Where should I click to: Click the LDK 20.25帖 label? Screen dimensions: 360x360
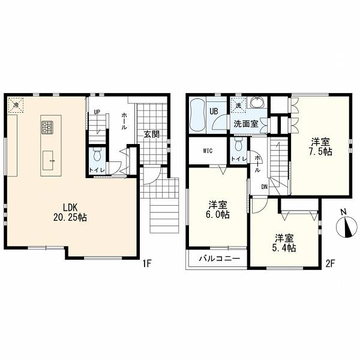point(70,212)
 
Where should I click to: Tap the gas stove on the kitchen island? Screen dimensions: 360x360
point(47,127)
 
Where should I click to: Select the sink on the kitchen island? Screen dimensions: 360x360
point(48,160)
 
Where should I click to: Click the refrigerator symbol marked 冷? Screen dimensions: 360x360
point(16,105)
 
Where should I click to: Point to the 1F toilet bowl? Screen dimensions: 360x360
point(97,154)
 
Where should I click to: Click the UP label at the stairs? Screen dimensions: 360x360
point(97,112)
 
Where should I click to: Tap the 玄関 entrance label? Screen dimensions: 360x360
point(152,134)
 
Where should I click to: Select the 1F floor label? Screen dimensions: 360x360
point(146,263)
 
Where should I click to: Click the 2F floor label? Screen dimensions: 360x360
point(330,264)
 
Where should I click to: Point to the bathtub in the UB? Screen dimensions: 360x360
point(197,115)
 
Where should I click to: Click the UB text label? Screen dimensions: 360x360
point(214,112)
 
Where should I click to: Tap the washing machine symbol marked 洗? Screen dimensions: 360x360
point(239,105)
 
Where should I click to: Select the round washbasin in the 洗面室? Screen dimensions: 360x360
point(258,103)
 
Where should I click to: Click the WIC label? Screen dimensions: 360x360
point(208,151)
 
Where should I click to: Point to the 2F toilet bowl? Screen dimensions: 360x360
point(239,145)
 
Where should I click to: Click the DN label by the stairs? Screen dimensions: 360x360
point(265,187)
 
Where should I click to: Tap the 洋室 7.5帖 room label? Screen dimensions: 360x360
point(320,146)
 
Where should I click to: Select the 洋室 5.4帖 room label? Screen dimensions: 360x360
point(284,243)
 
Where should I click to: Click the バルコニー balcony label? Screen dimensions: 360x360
point(220,259)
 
